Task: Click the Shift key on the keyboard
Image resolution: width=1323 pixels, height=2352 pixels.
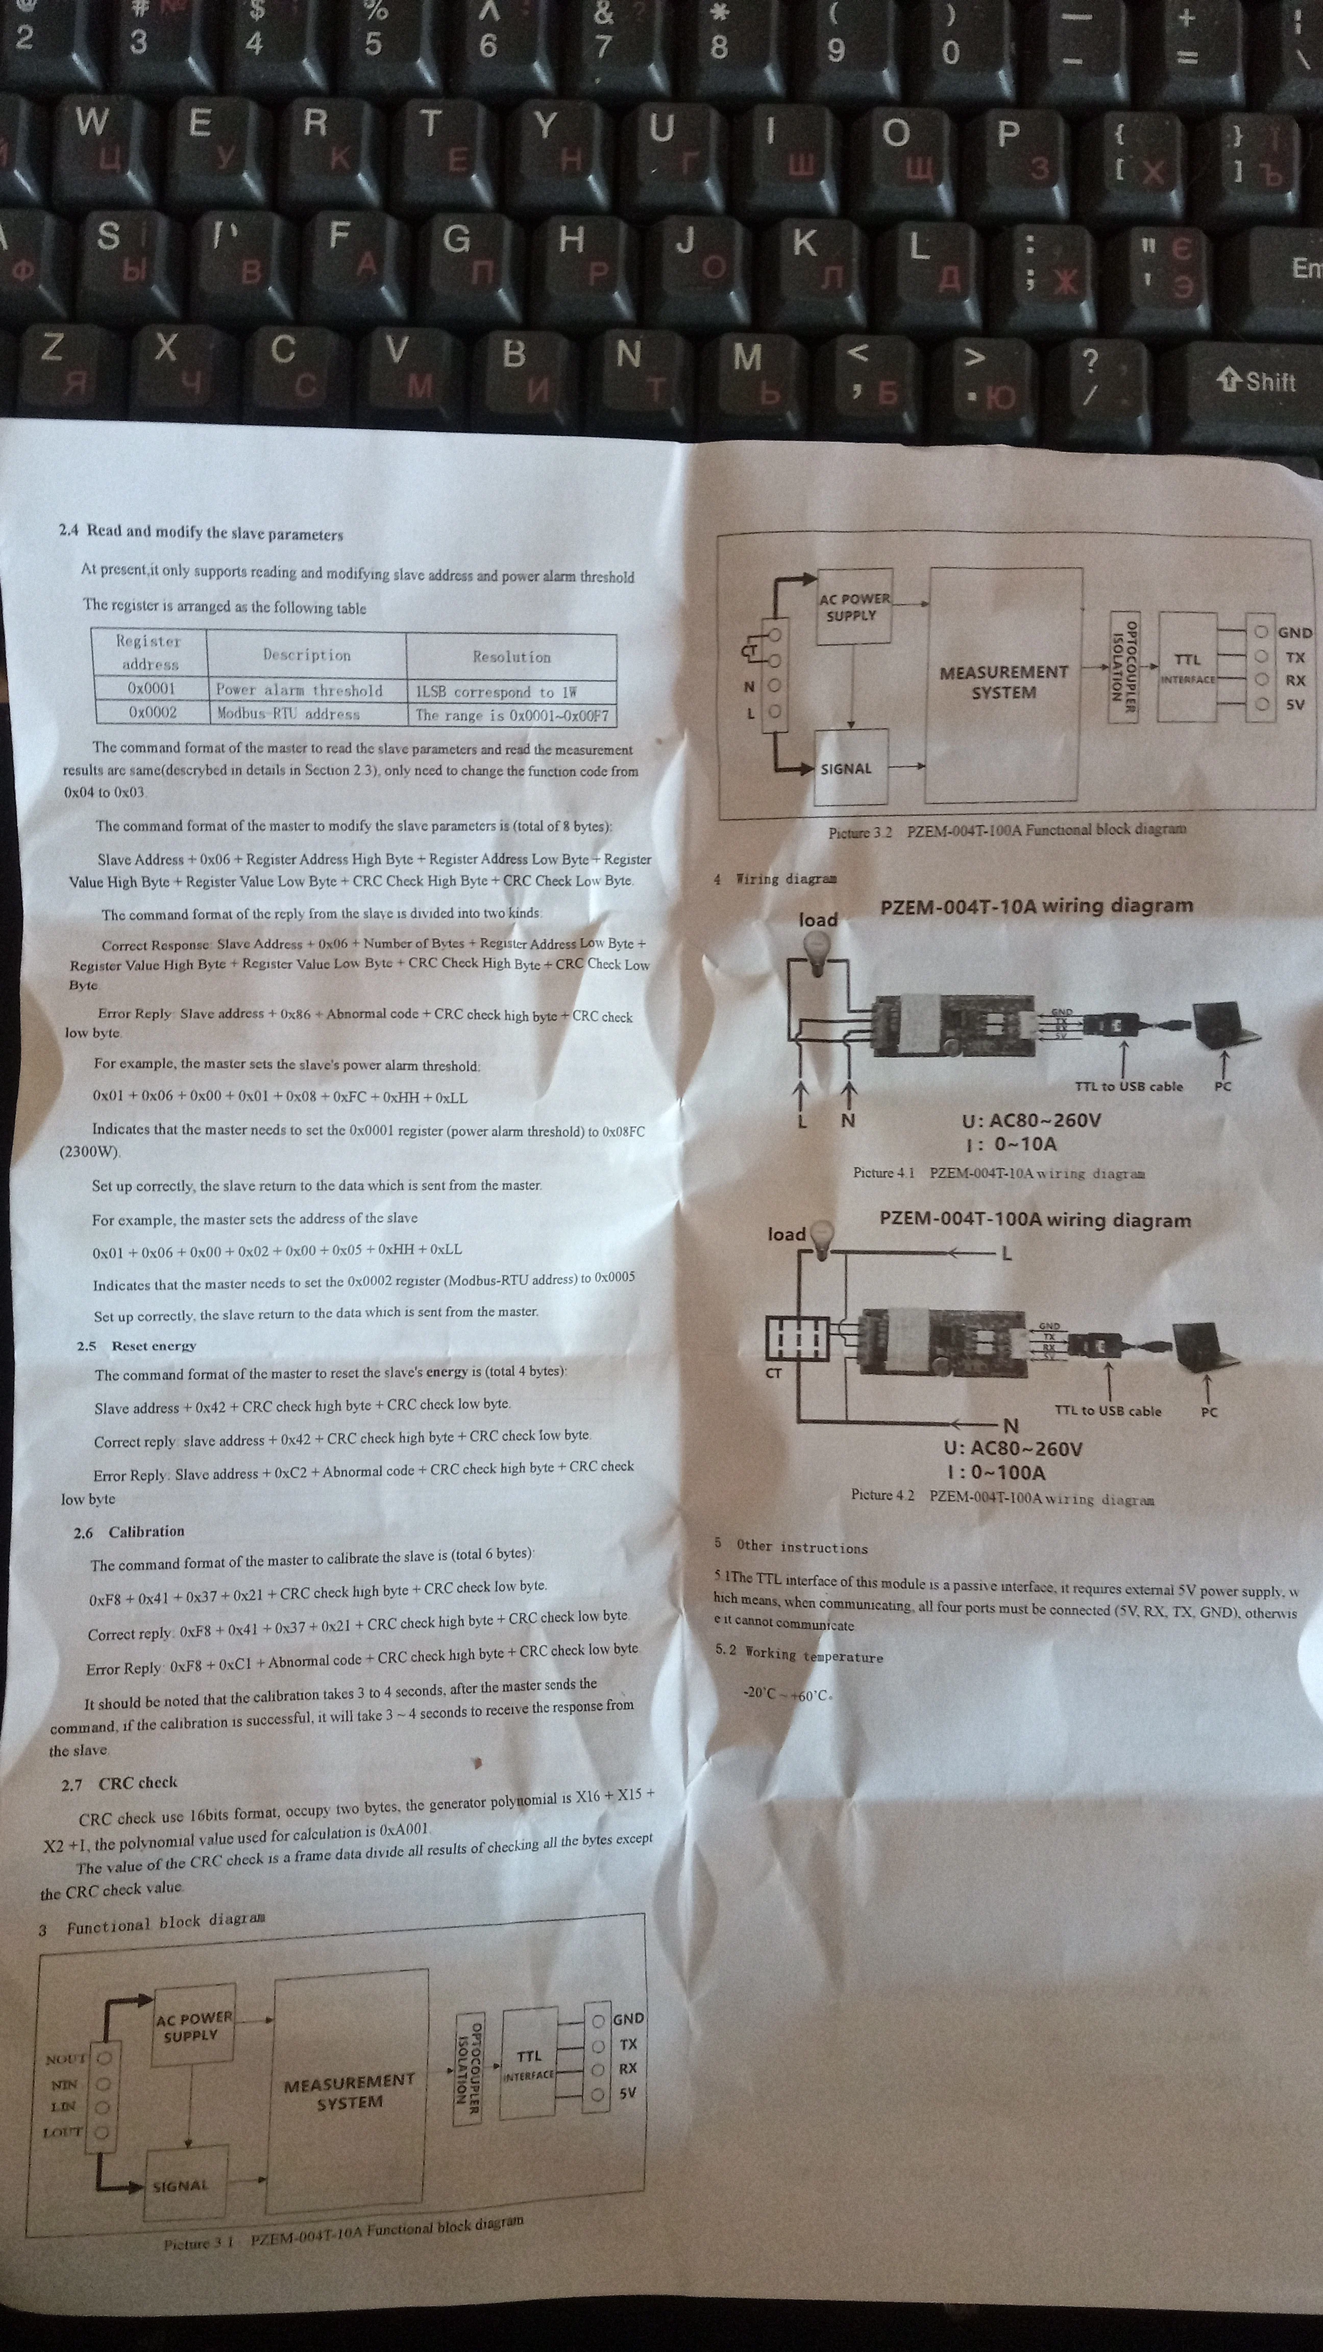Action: [1258, 381]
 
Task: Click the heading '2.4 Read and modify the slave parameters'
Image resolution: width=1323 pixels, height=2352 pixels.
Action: [201, 532]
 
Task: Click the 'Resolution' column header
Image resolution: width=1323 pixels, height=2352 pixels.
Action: [511, 656]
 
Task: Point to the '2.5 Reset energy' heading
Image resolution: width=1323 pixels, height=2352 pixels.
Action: [137, 1346]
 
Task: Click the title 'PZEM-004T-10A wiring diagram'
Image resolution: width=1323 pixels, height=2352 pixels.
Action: [1036, 906]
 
